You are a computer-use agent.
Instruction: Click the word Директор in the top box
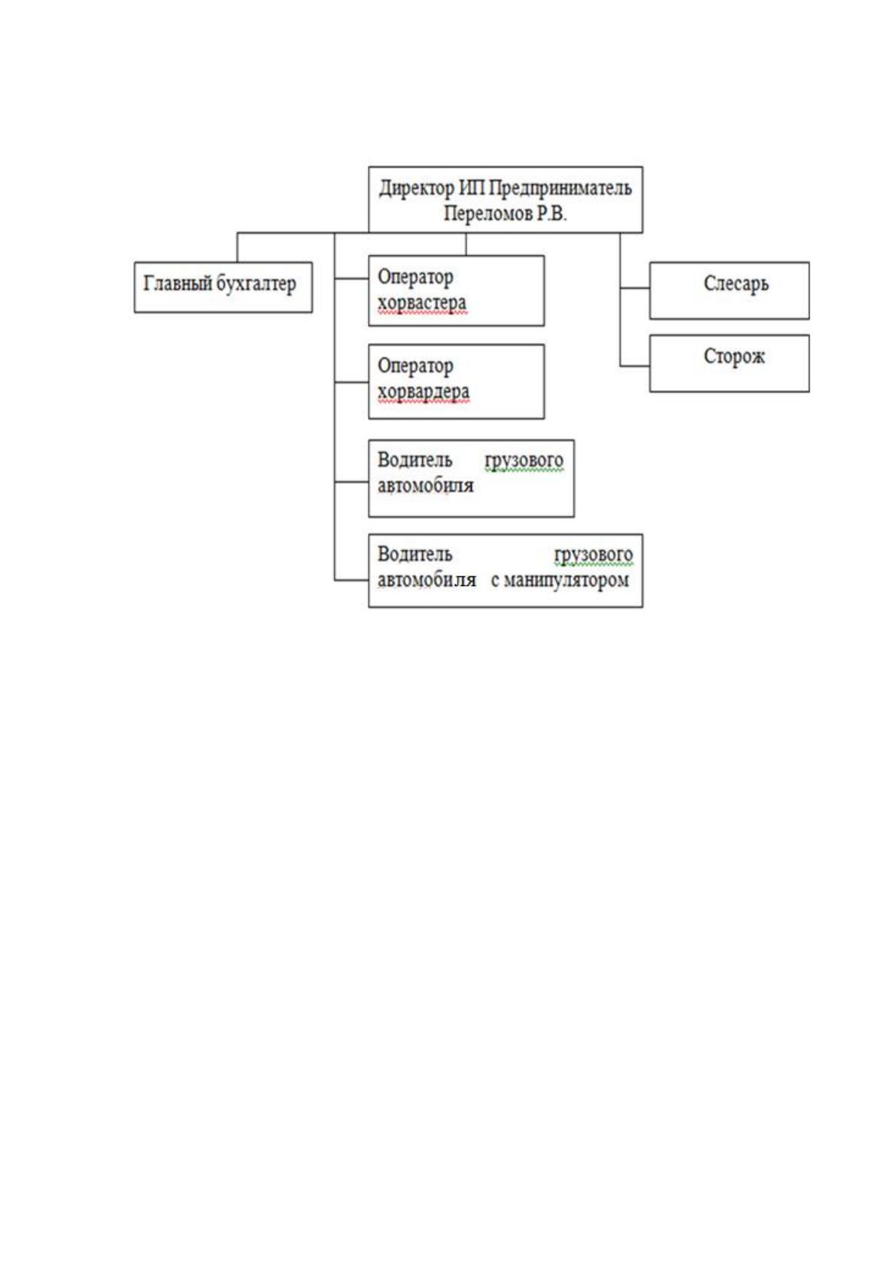point(416,188)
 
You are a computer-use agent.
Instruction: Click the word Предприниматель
point(560,188)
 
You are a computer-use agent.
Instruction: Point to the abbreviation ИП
point(471,187)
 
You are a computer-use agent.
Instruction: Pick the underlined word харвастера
point(422,303)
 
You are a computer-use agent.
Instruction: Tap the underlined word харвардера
point(423,391)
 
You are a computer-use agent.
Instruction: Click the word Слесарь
point(736,284)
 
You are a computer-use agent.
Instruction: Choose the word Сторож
point(734,357)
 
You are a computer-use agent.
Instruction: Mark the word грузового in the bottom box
point(594,555)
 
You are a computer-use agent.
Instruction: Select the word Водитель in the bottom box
point(415,554)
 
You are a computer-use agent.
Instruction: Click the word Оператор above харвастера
point(415,278)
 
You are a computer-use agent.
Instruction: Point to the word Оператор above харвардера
point(415,366)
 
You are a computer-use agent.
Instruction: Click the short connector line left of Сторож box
point(635,366)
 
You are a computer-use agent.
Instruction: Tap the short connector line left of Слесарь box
point(635,288)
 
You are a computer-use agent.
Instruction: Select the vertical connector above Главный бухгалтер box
point(237,248)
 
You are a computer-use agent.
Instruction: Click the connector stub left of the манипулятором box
point(351,580)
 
